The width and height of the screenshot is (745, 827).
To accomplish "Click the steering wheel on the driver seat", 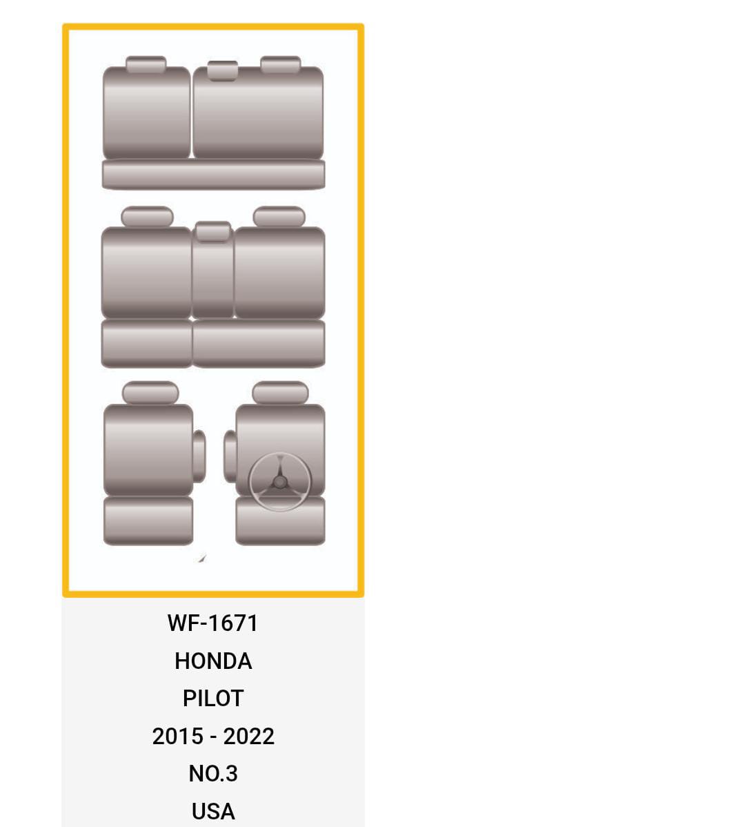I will coord(279,482).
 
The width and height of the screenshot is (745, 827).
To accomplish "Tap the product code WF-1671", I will coord(212,623).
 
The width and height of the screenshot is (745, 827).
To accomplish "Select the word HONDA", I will coord(213,661).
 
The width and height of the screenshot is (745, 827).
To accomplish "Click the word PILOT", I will coord(213,698).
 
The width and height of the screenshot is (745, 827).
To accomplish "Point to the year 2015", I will coord(177,736).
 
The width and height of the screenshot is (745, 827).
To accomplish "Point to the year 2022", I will coord(248,736).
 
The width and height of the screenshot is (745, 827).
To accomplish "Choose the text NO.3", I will coord(213,773).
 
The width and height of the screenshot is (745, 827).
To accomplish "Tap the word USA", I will coord(213,810).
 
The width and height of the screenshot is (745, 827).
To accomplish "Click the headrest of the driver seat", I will coord(280,393).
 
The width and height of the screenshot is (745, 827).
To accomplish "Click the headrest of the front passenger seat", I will coord(150,393).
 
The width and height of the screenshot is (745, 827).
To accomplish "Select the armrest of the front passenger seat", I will coord(199,456).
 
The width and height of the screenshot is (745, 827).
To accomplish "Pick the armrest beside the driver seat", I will coord(230,456).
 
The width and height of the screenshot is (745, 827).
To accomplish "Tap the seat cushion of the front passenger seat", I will coord(148,520).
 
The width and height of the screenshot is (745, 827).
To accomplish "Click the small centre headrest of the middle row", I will coord(212,231).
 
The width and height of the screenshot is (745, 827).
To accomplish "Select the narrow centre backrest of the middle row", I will coord(212,280).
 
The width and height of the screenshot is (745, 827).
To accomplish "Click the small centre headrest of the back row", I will coord(222,70).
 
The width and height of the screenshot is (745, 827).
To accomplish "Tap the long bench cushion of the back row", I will coord(213,174).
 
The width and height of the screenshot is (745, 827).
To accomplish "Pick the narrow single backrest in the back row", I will coord(146,113).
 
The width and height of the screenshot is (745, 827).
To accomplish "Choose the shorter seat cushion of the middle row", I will coord(146,343).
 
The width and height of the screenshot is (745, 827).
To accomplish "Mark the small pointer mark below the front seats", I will coord(201,558).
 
